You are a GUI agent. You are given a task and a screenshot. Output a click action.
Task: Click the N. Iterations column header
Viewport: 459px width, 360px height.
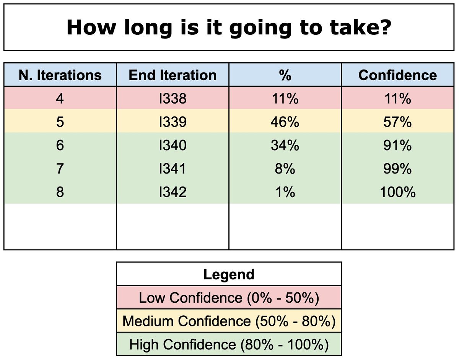coord(60,75)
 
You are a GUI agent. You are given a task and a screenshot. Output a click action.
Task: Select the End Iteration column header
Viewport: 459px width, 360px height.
coord(173,75)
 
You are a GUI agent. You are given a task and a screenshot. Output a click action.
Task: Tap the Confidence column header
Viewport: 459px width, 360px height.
coord(397,75)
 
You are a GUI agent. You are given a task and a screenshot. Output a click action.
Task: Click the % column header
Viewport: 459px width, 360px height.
coord(285,75)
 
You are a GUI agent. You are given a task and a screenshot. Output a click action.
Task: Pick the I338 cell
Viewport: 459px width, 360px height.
coord(173,99)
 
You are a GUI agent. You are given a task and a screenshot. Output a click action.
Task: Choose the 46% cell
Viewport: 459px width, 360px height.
coord(285,122)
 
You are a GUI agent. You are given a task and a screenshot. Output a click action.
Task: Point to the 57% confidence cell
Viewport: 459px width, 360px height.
coord(397,122)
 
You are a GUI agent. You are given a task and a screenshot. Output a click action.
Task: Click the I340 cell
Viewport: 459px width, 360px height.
coord(173,146)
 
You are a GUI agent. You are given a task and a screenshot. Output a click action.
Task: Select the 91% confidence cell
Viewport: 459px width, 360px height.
coord(397,146)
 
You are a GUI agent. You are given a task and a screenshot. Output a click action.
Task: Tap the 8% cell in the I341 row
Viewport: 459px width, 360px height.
coord(285,169)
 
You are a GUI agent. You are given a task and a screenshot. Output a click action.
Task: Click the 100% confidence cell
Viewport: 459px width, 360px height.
coord(397,192)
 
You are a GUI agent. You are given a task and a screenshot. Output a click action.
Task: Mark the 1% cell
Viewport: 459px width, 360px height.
coord(285,192)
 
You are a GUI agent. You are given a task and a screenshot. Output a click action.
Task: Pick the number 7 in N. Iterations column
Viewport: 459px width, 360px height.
coord(60,169)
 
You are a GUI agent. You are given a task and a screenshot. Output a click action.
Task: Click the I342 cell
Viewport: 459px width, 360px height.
coord(173,192)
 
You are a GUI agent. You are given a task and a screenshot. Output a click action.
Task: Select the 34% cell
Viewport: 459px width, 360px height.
coord(285,146)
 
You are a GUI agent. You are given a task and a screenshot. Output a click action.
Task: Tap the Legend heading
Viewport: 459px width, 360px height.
coord(229,274)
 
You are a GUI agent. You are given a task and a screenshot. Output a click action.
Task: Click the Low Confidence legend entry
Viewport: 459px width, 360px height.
coord(229,297)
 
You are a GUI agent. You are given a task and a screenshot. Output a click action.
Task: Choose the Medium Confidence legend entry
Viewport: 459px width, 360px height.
coord(229,321)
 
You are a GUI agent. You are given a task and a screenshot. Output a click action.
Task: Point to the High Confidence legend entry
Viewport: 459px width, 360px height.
coord(229,345)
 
